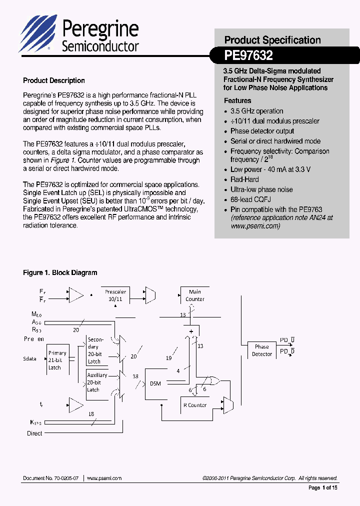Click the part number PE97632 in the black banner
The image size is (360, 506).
tap(248, 55)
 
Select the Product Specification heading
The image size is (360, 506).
tap(272, 40)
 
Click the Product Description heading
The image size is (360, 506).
tap(54, 80)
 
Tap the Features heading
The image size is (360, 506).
tap(237, 100)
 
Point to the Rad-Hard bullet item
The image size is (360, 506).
tap(244, 179)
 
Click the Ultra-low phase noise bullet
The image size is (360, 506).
tap(261, 189)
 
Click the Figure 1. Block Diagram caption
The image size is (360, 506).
tap(60, 272)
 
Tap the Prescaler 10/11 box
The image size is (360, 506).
tap(115, 295)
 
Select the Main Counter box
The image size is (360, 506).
tap(194, 295)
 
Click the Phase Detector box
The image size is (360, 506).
tap(261, 350)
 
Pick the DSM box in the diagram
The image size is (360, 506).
tap(155, 383)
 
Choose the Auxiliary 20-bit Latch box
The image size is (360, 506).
tap(97, 382)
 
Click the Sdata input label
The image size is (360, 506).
tap(30, 358)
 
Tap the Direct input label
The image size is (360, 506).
tap(34, 433)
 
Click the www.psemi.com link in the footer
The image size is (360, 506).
tap(104, 478)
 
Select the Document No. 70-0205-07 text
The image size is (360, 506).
tap(50, 478)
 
